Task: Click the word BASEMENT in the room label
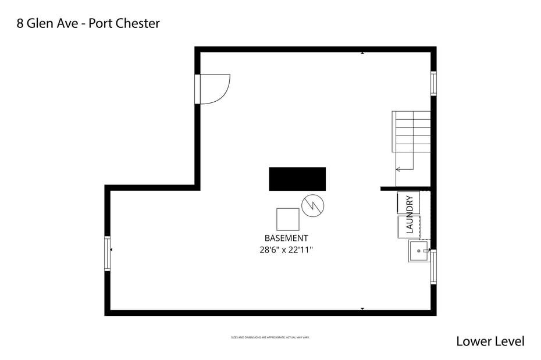click(x=286, y=238)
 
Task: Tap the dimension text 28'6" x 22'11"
click(x=286, y=249)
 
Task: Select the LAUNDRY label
click(x=410, y=214)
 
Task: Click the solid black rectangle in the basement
click(x=297, y=179)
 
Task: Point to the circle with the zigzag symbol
click(x=313, y=205)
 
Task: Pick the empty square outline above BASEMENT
click(x=287, y=219)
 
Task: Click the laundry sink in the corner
click(x=418, y=251)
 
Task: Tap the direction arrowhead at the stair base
click(x=398, y=169)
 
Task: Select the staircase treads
click(x=411, y=131)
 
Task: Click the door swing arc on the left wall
click(x=216, y=88)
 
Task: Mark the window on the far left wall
click(x=107, y=254)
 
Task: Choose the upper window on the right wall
click(x=433, y=83)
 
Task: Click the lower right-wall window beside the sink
click(x=433, y=266)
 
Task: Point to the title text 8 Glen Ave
click(x=46, y=23)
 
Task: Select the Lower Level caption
click(x=490, y=341)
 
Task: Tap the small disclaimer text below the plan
click(x=270, y=337)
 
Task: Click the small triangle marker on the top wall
click(x=362, y=53)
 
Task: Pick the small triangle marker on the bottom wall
click(x=362, y=309)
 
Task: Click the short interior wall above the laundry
click(x=405, y=188)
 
